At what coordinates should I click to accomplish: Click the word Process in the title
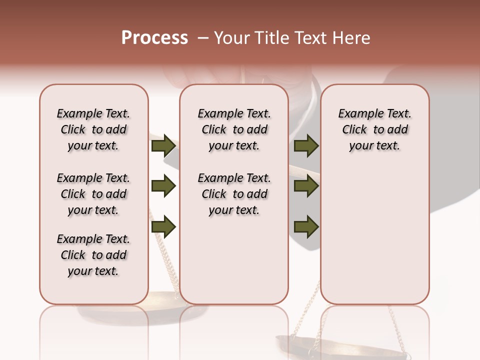154,37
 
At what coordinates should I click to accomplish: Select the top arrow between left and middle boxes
163,146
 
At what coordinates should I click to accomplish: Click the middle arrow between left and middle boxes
163,186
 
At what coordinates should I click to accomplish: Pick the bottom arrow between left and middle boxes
163,227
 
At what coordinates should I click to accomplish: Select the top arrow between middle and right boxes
306,146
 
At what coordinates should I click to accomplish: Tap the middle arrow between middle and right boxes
306,186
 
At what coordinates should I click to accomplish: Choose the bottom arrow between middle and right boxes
306,227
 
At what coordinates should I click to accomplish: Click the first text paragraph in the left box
93,129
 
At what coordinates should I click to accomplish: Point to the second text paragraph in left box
93,194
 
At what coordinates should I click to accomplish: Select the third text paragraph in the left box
93,255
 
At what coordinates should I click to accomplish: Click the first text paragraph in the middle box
234,129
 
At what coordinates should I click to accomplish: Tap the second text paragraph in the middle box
234,194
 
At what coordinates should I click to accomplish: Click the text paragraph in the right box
374,129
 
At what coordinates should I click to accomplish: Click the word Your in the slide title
231,38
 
